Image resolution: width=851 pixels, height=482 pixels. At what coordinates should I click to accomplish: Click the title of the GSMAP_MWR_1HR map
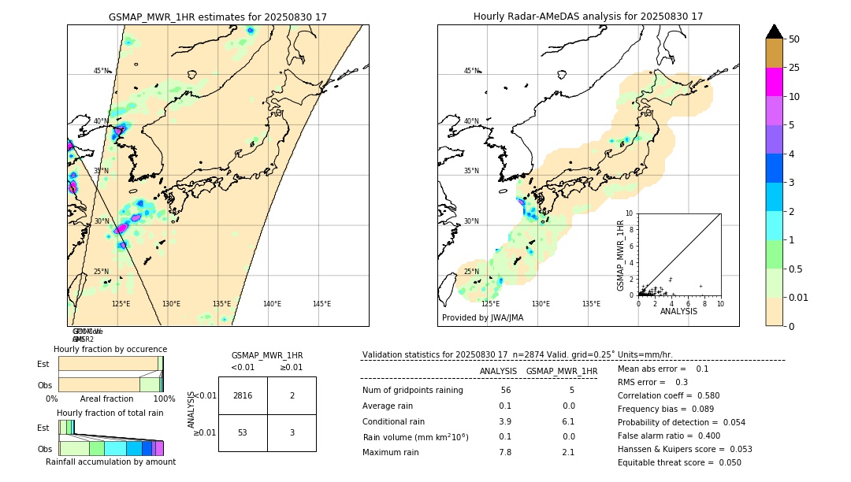point(217,17)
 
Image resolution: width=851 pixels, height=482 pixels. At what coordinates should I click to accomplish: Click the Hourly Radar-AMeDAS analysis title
point(588,17)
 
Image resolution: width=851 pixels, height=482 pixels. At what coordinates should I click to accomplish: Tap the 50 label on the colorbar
point(794,39)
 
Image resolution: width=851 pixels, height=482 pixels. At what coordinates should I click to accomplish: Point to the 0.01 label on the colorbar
point(799,297)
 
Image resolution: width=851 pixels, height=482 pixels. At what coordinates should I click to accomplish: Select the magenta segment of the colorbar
point(774,82)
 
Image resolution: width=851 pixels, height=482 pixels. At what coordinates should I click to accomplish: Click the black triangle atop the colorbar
point(774,32)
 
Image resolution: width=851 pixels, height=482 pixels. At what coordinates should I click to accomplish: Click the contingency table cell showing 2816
point(243,395)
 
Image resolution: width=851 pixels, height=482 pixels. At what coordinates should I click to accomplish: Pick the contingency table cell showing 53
point(243,432)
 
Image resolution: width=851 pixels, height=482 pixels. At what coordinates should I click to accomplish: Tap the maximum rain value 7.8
point(504,452)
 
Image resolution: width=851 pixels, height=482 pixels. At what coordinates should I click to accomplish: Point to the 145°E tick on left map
point(321,304)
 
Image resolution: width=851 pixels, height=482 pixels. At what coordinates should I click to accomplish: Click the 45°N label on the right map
point(471,71)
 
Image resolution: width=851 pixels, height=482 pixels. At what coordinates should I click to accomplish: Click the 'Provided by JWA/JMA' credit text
point(482,318)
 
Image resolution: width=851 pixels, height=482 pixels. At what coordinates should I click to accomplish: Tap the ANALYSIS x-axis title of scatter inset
point(678,311)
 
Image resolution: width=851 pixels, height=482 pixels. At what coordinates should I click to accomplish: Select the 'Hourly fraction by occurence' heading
point(110,349)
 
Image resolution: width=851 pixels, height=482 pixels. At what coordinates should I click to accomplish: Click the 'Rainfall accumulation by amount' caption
point(110,462)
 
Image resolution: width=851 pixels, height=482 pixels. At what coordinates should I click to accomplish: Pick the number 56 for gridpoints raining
point(505,391)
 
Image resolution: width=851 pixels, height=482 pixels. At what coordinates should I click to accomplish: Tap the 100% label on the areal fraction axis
point(163,399)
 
